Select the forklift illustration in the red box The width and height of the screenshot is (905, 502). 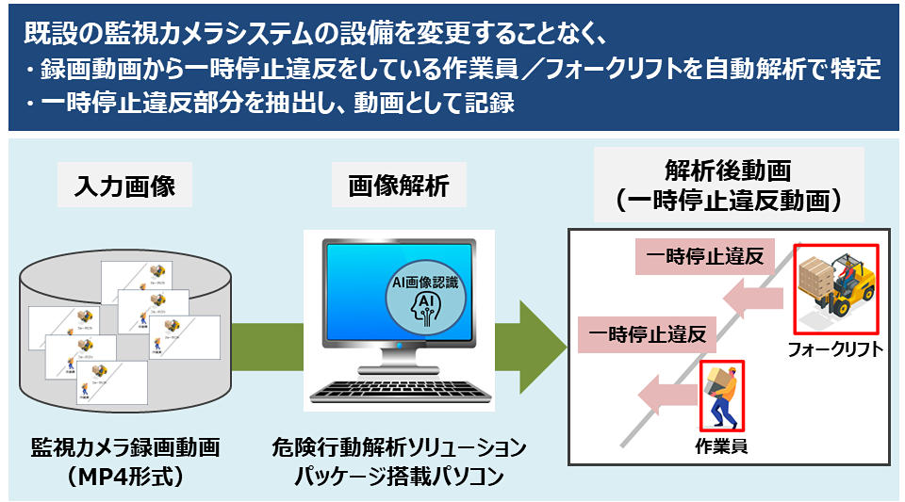(835, 286)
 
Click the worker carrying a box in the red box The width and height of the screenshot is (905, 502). (721, 395)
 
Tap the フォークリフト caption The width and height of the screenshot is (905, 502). (835, 350)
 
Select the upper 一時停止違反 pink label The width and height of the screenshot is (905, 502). (704, 255)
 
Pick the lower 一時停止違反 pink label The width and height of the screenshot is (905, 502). (647, 333)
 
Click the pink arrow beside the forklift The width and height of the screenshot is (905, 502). (753, 298)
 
